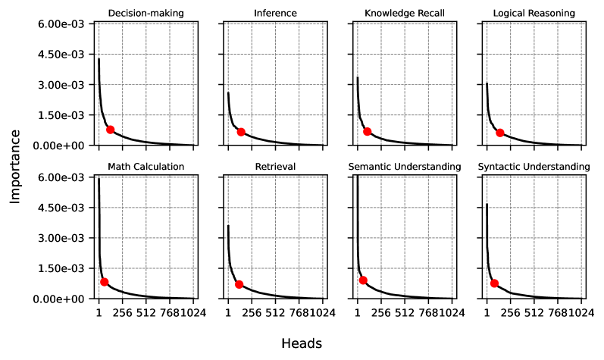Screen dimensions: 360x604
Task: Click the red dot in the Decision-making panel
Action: [111, 130]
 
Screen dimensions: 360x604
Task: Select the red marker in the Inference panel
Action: [241, 132]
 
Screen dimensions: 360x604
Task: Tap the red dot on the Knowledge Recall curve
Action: [368, 131]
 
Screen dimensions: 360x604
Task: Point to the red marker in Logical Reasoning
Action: [500, 133]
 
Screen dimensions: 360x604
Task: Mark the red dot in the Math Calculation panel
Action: [105, 282]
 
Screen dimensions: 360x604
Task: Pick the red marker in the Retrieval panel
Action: [239, 284]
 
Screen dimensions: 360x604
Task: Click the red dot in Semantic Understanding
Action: [363, 280]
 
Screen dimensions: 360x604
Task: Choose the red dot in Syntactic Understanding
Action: [494, 283]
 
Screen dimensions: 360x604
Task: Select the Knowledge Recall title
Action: [405, 13]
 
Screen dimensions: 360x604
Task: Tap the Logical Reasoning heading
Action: [534, 13]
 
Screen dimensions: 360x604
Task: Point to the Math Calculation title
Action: [146, 166]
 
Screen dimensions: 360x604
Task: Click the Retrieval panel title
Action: [276, 166]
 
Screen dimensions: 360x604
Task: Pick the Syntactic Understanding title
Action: [534, 166]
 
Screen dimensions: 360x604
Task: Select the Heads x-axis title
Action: [302, 343]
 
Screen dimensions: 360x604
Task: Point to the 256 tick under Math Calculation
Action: [123, 311]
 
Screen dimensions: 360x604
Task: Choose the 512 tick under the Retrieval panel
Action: [276, 311]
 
